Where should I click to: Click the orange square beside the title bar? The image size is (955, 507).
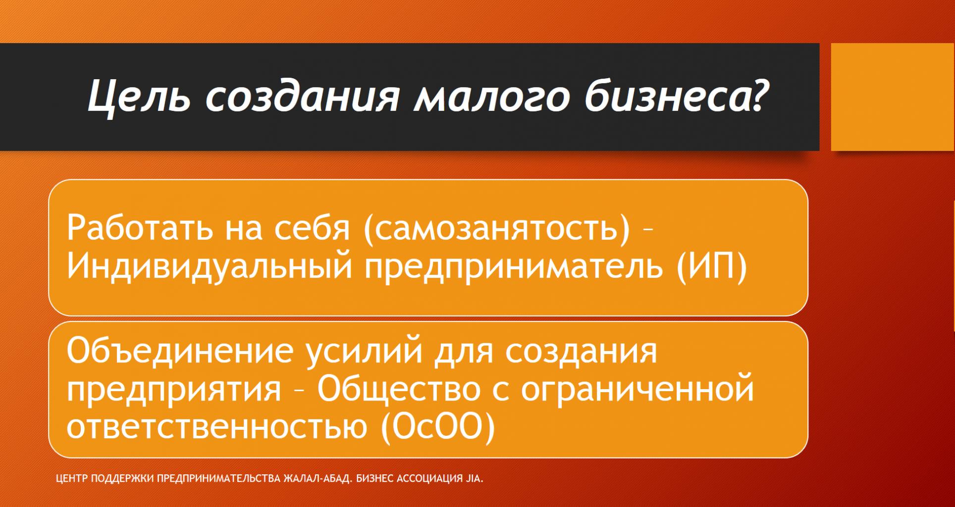pos(893,97)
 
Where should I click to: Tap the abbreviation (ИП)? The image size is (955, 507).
pos(711,268)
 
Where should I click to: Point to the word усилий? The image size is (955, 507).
pos(364,351)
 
